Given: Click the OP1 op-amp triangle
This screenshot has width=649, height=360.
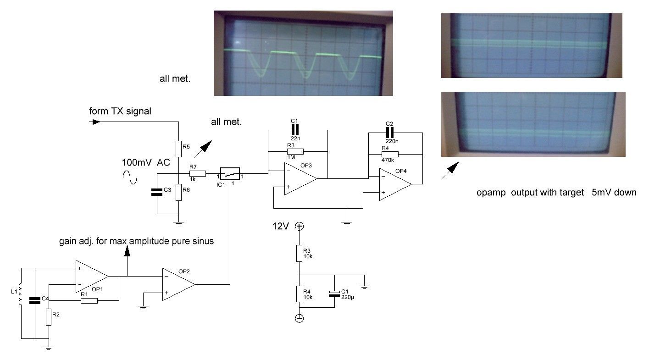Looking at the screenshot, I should point(91,276).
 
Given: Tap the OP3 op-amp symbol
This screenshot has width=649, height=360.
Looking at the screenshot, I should point(299,179).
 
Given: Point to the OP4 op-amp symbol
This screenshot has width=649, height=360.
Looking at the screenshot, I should point(394,184).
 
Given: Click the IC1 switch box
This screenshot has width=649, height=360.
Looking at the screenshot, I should point(229,174).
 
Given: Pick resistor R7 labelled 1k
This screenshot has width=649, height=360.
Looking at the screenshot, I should point(198,174).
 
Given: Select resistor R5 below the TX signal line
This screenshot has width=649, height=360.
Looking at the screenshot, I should point(178,148).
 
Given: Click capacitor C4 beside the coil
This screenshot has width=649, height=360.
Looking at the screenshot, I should point(35,300).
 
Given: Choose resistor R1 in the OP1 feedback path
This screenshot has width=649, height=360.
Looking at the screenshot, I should point(89,301).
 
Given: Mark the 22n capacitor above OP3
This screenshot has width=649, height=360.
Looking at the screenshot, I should point(295,129).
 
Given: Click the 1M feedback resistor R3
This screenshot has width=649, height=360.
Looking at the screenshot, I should point(295,151).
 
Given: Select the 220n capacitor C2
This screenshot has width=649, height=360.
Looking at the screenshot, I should point(390,133).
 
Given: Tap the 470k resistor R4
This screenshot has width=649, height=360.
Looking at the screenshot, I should point(390,155).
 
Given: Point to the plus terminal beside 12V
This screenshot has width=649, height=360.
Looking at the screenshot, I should point(299,226).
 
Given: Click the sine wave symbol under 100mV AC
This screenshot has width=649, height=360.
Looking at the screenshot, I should point(131,177).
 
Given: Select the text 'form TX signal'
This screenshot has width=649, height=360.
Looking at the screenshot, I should point(120,111).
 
